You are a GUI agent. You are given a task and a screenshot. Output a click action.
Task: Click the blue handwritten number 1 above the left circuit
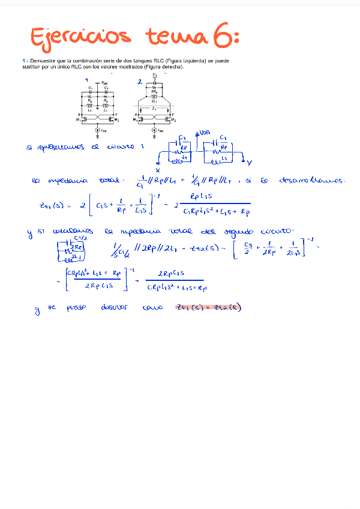click(x=88, y=79)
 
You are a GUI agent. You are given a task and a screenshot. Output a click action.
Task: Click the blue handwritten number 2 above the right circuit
click(x=140, y=81)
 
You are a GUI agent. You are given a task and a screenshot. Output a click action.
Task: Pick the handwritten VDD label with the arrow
click(x=203, y=133)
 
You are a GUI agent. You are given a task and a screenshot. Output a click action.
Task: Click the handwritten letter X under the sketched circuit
click(x=158, y=169)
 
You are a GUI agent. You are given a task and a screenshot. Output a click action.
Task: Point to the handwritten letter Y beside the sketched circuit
click(x=250, y=162)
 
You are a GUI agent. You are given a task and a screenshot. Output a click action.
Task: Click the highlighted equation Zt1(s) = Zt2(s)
click(x=208, y=307)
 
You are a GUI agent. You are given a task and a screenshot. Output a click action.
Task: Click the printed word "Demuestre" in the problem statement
click(x=41, y=61)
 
